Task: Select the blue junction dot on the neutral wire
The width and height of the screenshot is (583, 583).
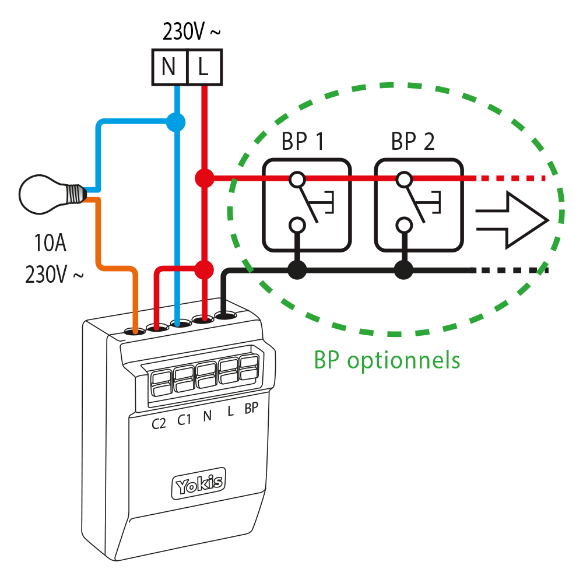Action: (175, 122)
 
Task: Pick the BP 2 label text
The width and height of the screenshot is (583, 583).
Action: (413, 142)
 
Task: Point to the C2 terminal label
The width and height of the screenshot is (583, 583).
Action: (159, 423)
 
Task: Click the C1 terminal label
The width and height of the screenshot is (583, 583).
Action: (184, 420)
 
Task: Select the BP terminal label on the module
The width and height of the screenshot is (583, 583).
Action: (251, 409)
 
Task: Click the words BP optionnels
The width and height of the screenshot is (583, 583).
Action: (387, 360)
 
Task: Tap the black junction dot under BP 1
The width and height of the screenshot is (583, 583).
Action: (297, 269)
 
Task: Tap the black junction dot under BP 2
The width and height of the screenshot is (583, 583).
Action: (402, 269)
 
